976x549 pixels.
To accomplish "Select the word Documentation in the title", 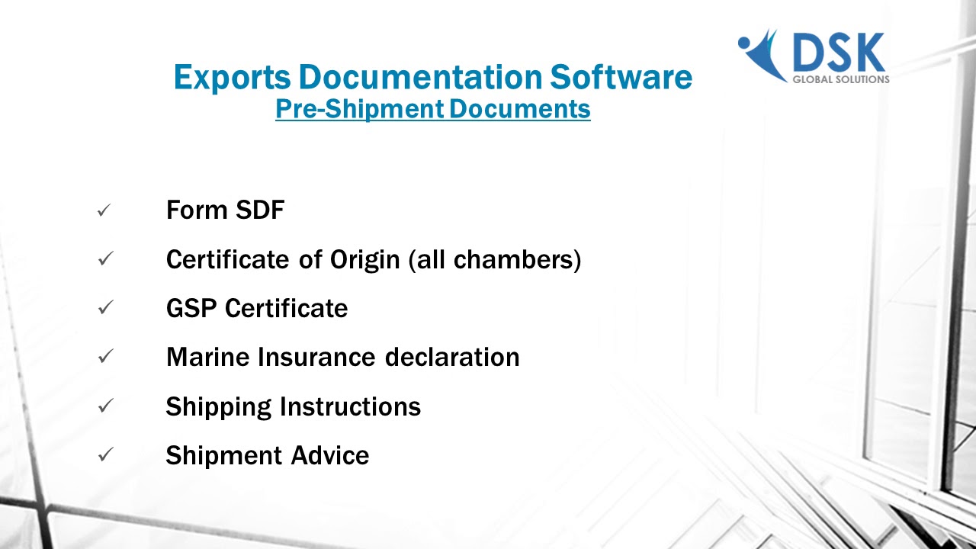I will tap(419, 78).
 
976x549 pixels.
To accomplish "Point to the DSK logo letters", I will tap(838, 53).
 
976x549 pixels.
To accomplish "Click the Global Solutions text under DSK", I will tap(841, 79).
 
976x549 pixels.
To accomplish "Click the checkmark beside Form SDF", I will tap(105, 210).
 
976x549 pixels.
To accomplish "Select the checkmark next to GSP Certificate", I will tap(105, 308).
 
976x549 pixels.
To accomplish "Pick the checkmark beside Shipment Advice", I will tap(105, 455).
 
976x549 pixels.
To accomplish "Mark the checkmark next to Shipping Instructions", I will tap(105, 406).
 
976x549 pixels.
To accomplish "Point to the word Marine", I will tap(207, 358).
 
